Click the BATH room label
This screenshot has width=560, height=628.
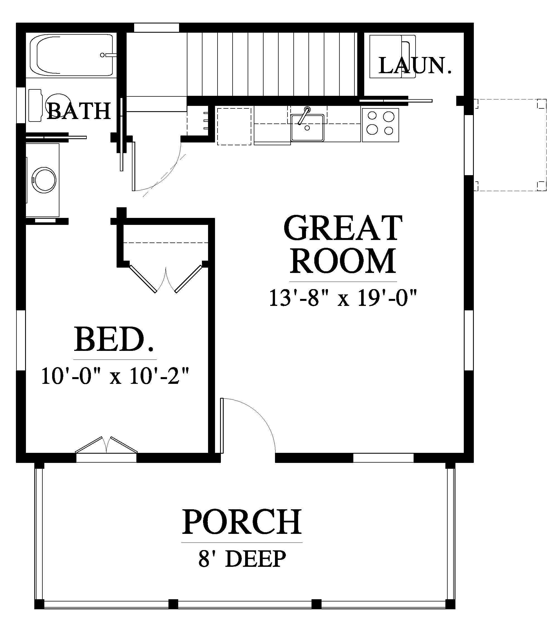(x=78, y=111)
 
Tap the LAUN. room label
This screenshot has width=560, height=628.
(x=415, y=66)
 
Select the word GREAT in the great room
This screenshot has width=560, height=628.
(x=343, y=228)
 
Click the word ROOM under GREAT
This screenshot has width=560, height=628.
(x=343, y=261)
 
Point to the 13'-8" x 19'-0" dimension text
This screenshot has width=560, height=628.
(x=343, y=298)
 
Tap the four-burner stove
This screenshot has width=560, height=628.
(x=381, y=125)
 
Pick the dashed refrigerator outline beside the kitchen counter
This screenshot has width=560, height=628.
(x=234, y=126)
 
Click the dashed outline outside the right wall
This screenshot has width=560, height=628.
(x=510, y=145)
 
